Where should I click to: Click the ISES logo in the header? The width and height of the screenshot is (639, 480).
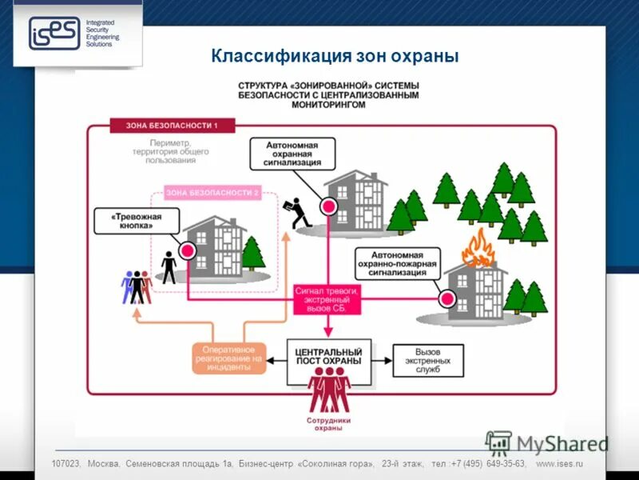pos(54,34)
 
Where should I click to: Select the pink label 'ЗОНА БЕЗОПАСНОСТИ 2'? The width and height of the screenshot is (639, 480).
pos(212,193)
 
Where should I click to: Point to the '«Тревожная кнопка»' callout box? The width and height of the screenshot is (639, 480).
pos(135,221)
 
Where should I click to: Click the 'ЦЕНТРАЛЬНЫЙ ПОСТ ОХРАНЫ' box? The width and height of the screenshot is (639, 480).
pos(328,357)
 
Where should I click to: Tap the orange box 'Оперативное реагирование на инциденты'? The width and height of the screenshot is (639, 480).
pos(228,358)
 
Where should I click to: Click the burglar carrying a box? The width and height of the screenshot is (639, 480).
pos(300,213)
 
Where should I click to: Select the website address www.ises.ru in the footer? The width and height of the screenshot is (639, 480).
pos(559,464)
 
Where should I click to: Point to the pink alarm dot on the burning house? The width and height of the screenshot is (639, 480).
pos(447,299)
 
